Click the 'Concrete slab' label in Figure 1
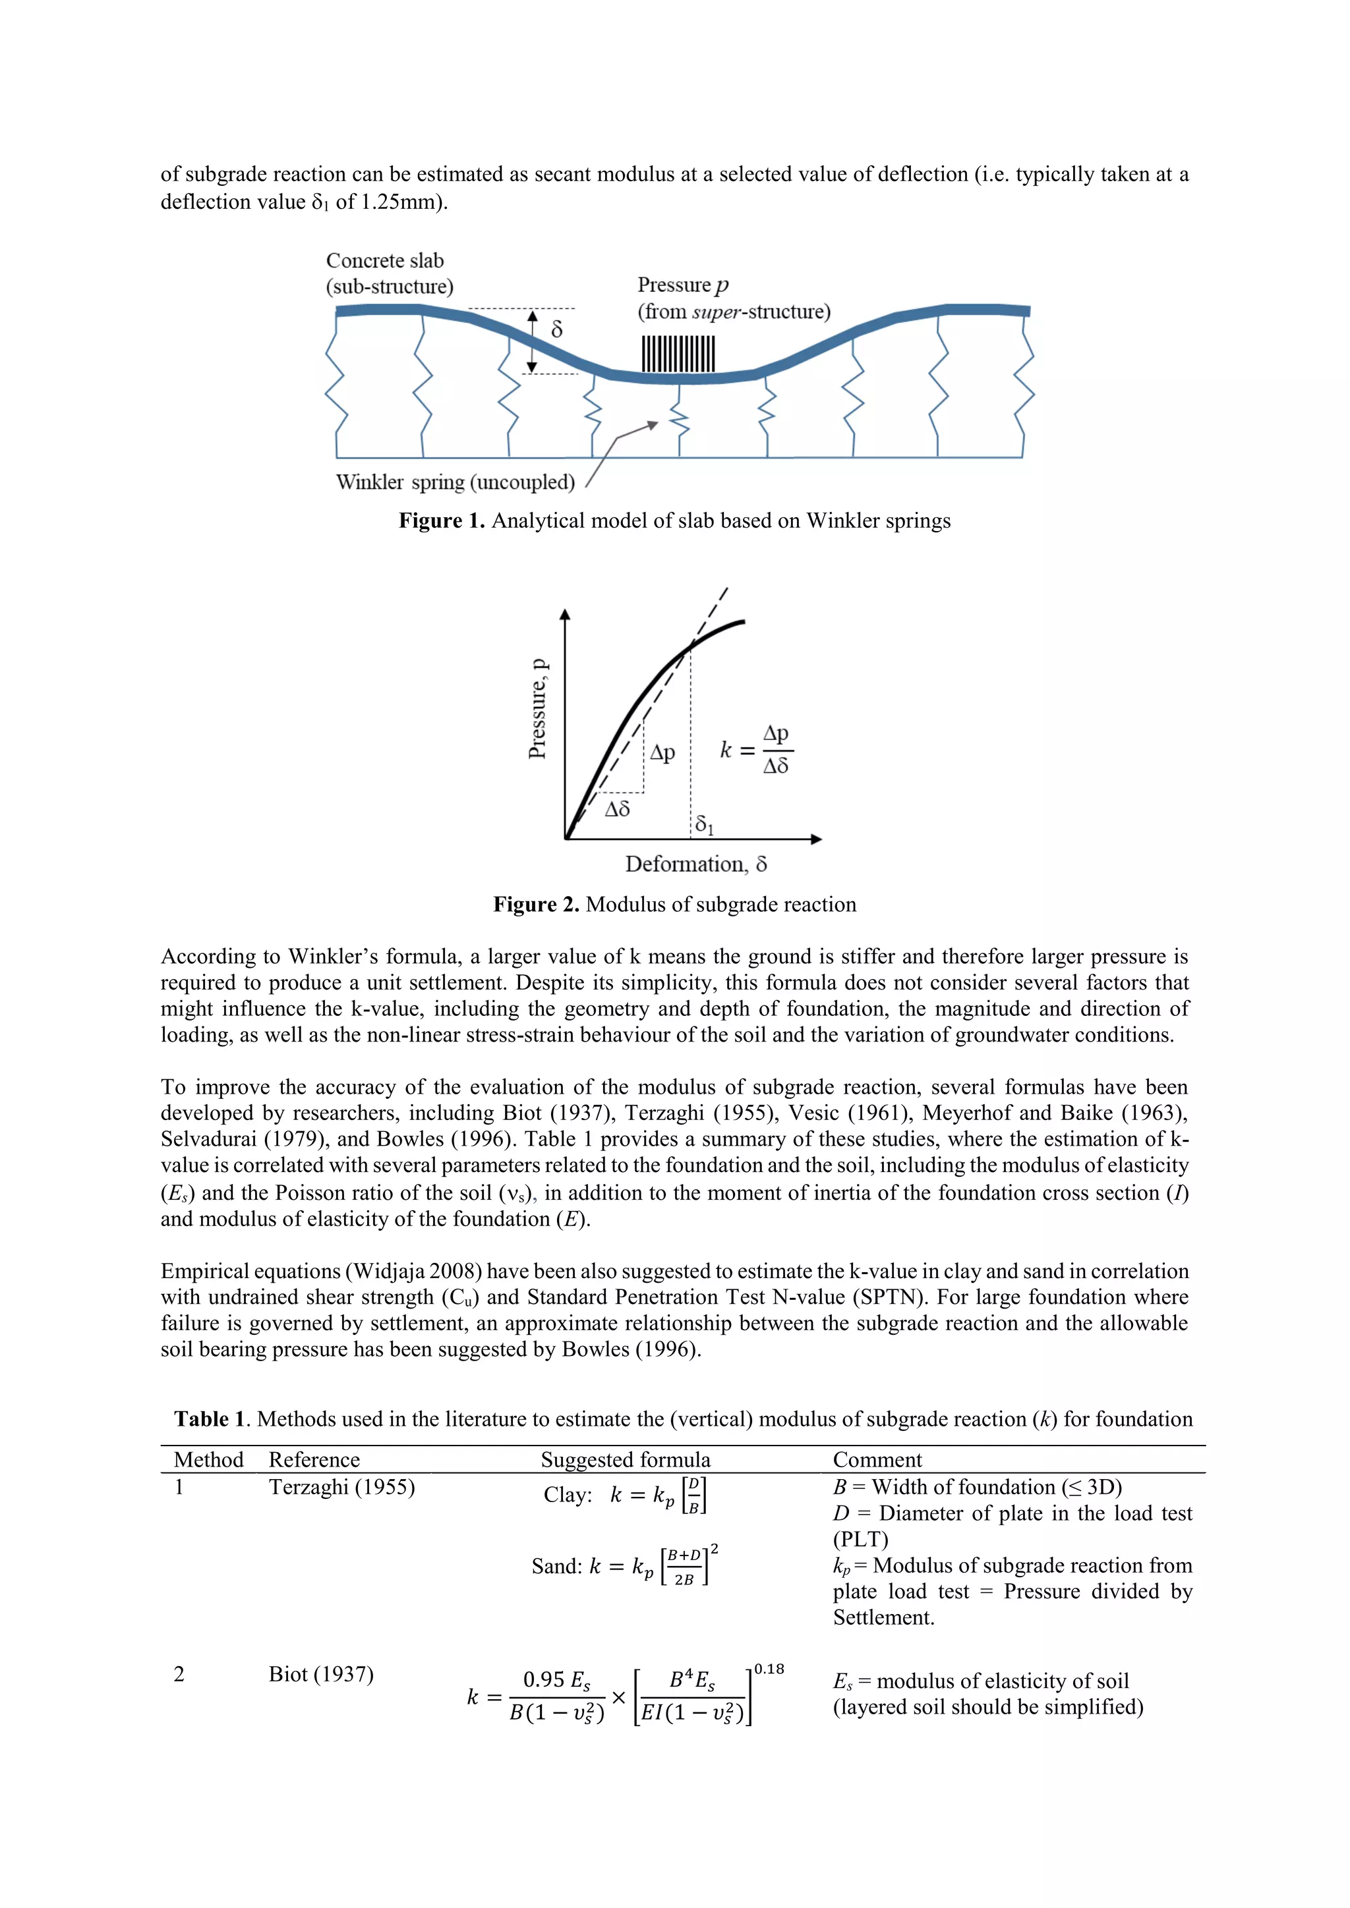tap(384, 261)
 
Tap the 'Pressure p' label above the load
tap(682, 285)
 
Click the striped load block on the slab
tap(678, 354)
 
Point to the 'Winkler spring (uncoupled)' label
tap(455, 482)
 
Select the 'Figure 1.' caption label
tap(442, 521)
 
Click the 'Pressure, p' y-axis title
tap(538, 709)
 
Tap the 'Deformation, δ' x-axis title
tap(696, 864)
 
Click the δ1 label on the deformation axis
tap(704, 824)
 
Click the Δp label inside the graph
tap(662, 753)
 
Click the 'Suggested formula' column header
tap(625, 1459)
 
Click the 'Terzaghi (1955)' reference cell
tap(341, 1487)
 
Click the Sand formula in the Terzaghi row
tap(624, 1567)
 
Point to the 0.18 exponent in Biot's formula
tap(769, 1669)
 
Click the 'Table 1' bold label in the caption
tap(210, 1418)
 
